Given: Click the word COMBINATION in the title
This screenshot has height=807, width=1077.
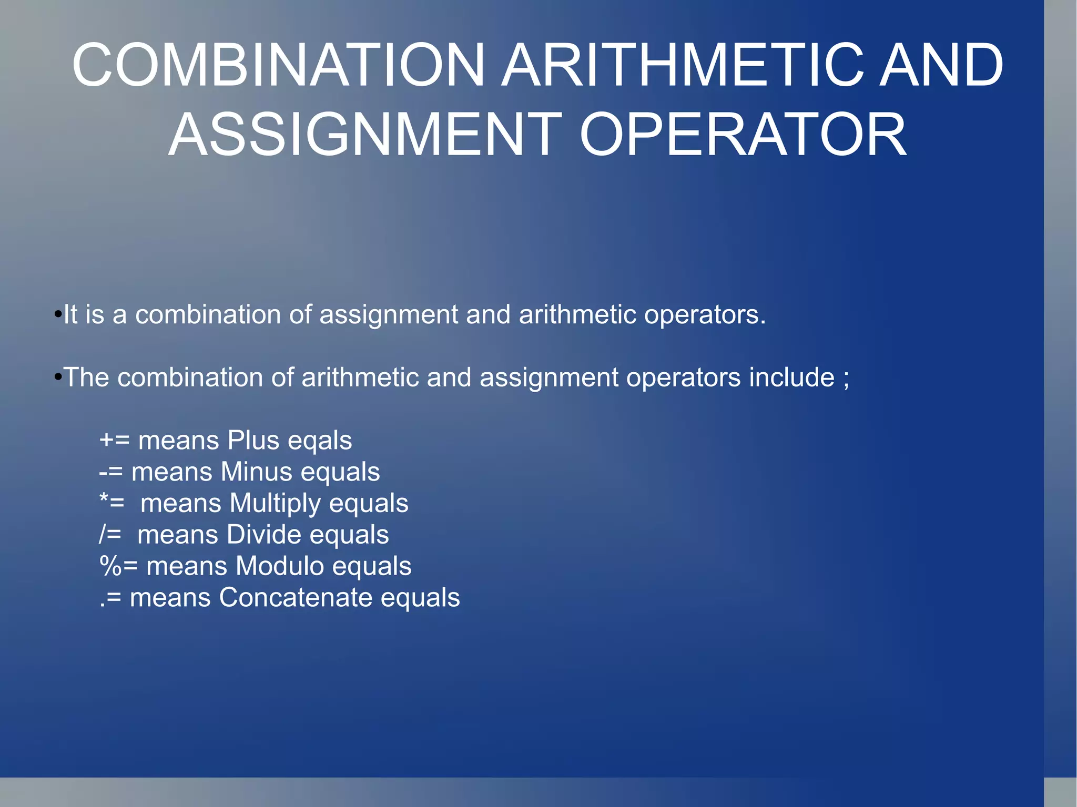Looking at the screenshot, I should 278,65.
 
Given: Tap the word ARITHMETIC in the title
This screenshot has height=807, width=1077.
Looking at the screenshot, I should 682,65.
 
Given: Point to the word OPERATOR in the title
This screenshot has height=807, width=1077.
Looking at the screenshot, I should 743,135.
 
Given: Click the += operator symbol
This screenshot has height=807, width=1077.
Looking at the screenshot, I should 114,440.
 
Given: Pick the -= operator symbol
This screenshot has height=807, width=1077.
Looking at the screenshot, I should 110,472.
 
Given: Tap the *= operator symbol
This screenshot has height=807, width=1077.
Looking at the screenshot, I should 112,502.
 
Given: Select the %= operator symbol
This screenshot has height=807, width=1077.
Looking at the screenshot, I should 119,566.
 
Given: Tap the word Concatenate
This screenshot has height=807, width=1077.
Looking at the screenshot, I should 296,598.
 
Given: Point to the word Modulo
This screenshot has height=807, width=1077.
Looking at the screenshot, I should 280,566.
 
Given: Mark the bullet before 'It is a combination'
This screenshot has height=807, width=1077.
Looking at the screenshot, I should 58,315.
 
